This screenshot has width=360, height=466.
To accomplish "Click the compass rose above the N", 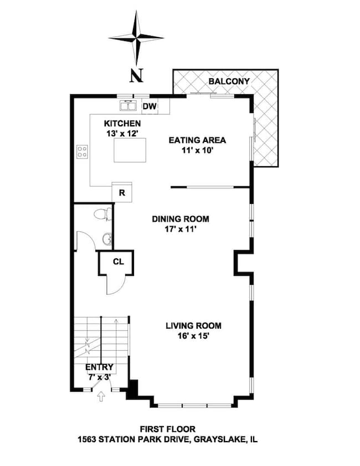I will tap(136, 38).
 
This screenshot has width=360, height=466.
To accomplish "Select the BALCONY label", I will tap(229, 81).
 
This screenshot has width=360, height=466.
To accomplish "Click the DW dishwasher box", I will tap(149, 106).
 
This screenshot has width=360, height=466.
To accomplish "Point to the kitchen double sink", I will tap(128, 105).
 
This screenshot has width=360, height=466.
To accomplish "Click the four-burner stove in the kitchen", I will tap(83, 151).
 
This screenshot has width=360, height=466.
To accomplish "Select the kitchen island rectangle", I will tap(130, 150).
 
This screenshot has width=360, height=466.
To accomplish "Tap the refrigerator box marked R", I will tap(121, 193).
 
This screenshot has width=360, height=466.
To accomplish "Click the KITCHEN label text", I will tap(122, 123).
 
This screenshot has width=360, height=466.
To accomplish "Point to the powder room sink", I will tap(106, 239).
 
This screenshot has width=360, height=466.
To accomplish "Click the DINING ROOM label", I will tap(181, 219).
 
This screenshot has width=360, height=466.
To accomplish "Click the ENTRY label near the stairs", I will tap(99, 367).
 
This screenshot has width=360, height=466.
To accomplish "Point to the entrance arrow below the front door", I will tap(101, 396).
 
